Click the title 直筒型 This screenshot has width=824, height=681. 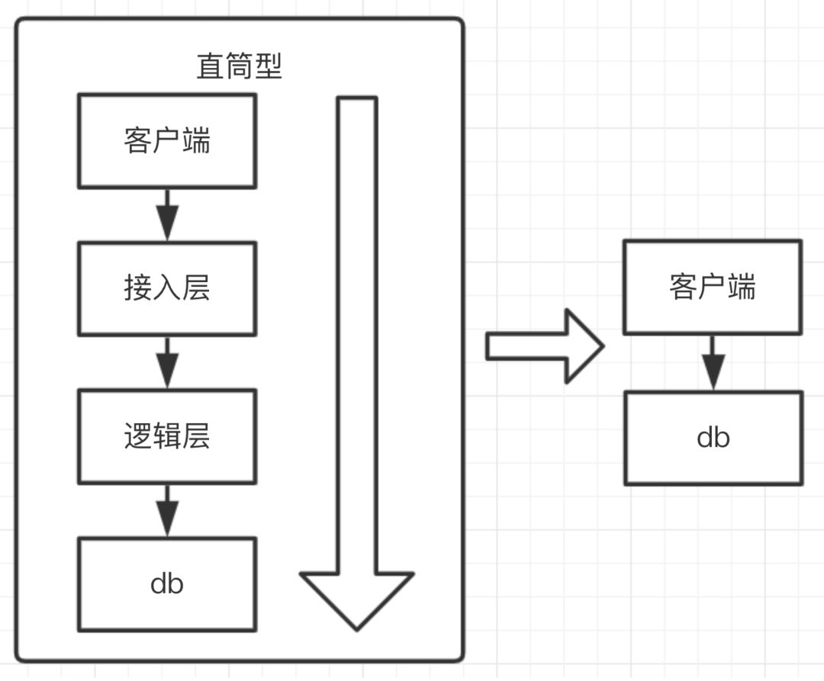pos(240,67)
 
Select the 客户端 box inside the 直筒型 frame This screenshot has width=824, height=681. pos(166,141)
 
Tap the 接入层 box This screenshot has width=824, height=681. pos(166,289)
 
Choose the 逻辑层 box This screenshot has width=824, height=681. pos(166,436)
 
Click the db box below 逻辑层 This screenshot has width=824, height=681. pos(166,584)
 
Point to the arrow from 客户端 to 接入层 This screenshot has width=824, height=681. pos(166,214)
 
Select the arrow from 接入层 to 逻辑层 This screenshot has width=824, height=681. pos(166,362)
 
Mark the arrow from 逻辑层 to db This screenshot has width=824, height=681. pos(166,510)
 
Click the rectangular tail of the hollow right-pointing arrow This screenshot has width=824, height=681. pos(525,346)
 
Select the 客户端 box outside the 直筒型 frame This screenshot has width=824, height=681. pos(713,287)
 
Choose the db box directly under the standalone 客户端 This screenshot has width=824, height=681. pos(713,438)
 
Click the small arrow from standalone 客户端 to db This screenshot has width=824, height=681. pos(713,363)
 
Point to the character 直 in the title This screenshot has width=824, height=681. pos(211,67)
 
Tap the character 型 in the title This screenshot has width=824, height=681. pos(269,67)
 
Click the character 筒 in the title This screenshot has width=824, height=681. pos(240,67)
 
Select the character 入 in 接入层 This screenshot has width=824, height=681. pos(166,289)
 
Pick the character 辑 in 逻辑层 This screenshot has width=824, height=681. pos(166,436)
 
